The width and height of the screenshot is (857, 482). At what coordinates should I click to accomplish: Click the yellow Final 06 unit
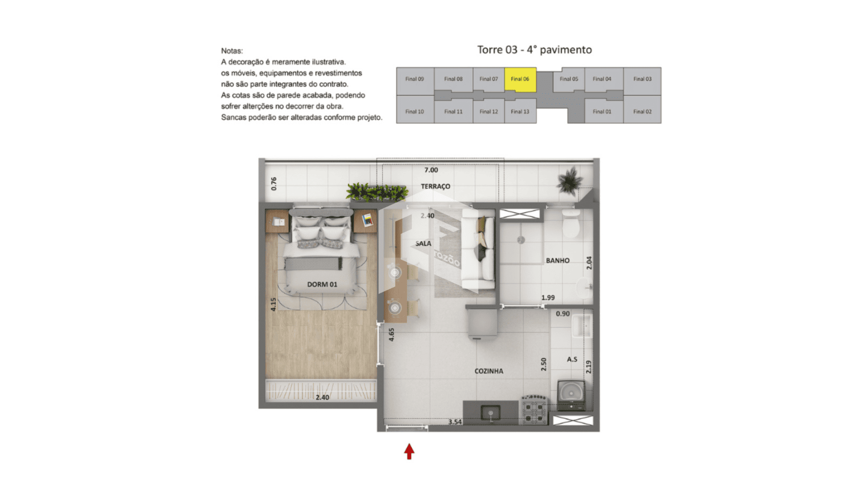coord(520,80)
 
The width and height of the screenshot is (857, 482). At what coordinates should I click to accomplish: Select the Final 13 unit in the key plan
coord(520,111)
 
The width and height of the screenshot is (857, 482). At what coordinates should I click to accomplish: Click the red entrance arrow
coord(409,451)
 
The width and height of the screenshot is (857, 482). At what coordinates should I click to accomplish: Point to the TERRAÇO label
coord(436,186)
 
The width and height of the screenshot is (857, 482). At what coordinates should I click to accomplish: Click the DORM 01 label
coord(322,284)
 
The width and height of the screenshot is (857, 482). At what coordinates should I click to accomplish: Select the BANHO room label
coord(557,260)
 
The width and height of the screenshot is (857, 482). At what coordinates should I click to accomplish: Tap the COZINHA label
coord(489,371)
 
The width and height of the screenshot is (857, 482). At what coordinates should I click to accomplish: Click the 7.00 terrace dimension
coord(431,170)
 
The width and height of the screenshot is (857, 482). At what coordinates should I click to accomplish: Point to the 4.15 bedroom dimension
coord(273,304)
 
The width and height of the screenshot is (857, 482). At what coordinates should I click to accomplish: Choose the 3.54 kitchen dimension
coord(455,422)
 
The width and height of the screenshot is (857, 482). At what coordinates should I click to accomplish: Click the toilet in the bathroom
coord(571,224)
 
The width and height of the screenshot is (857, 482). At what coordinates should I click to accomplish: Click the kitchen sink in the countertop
coord(491,412)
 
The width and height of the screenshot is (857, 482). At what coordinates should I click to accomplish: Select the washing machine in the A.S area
coord(571,395)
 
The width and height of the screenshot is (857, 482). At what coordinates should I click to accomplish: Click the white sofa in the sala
coord(478,249)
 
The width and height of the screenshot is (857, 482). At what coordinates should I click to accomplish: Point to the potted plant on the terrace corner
coord(570,181)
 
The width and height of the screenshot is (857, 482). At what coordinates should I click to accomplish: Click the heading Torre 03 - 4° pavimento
coord(534,50)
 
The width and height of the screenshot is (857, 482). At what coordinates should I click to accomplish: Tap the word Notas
coord(232,51)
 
